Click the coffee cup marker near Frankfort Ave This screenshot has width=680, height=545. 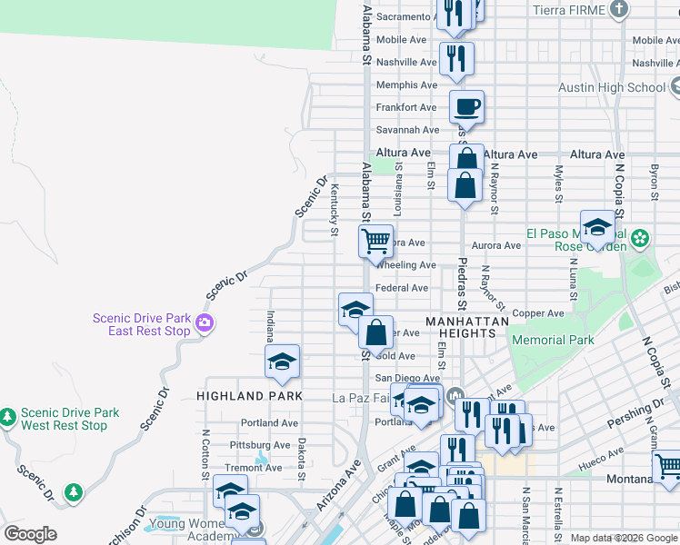(466, 107)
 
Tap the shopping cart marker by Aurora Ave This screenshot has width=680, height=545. (375, 242)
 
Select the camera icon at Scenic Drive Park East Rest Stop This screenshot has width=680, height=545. (205, 322)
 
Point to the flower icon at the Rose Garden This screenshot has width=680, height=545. (641, 238)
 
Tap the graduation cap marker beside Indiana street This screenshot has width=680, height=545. (283, 362)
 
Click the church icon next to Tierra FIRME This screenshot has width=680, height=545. (619, 10)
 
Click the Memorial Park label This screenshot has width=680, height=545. (553, 341)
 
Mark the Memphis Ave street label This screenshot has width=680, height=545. (406, 85)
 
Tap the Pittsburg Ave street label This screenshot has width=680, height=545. (260, 445)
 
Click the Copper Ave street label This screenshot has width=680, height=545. (538, 313)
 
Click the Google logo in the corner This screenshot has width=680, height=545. (30, 534)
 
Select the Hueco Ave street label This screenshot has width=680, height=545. (604, 451)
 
